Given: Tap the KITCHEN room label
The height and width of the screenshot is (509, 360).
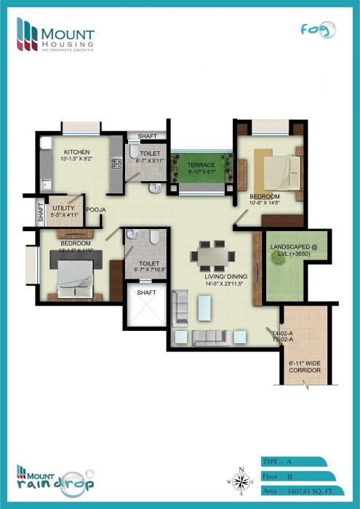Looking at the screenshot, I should click(76, 152).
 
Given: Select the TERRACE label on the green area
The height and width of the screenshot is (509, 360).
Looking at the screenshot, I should click(201, 165).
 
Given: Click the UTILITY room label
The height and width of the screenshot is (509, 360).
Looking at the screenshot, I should click(64, 208).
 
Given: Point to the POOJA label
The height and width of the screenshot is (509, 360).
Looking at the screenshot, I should click(96, 209).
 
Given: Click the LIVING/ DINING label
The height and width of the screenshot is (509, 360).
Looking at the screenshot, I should click(225, 276).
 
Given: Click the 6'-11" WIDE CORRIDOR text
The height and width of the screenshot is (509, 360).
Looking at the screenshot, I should click(304, 366).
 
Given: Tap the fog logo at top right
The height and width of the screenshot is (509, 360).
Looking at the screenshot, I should click(319, 30).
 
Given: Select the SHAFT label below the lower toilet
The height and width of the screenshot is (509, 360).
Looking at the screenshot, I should click(146, 292).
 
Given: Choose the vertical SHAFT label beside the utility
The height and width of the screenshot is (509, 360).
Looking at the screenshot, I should click(41, 212).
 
